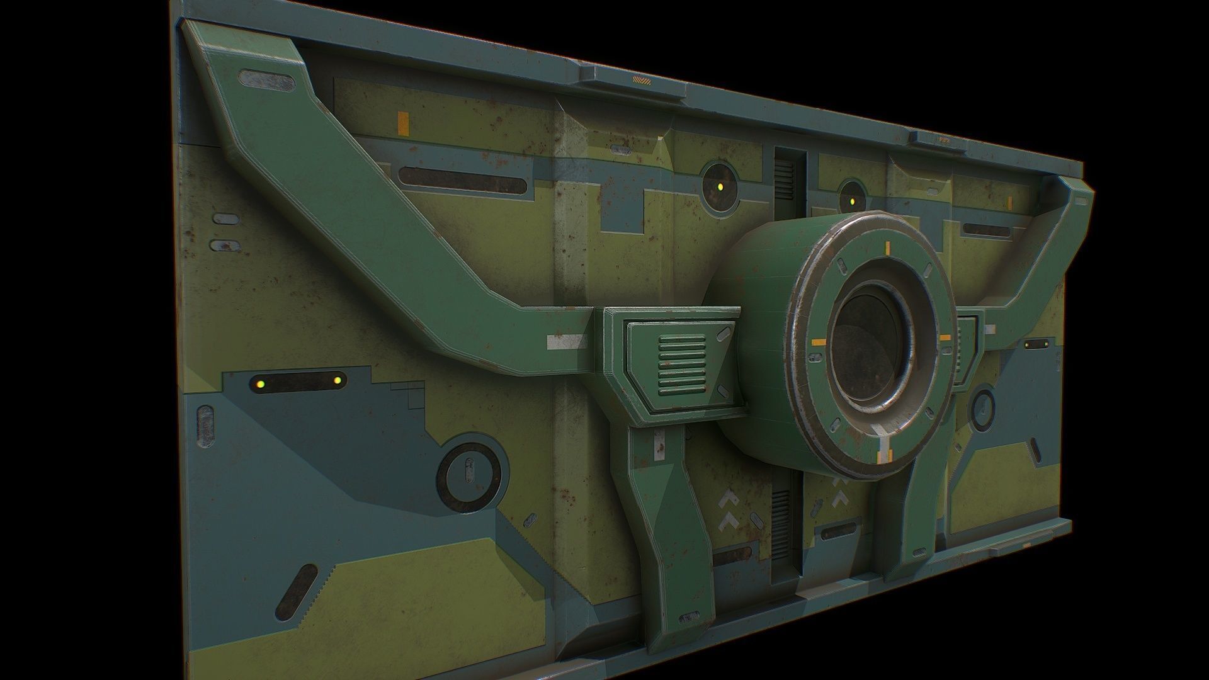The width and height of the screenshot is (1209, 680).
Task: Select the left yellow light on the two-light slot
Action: (x=259, y=383)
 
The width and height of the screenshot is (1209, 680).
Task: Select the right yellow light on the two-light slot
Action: (x=337, y=380)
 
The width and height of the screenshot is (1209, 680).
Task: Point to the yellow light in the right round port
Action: (x=851, y=202)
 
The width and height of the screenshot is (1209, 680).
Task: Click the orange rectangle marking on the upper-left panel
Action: (x=403, y=123)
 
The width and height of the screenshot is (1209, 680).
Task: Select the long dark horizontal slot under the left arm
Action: (x=463, y=181)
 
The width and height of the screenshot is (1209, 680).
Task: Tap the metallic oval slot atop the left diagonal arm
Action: (x=266, y=79)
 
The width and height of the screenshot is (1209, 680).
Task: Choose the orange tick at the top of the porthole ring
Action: (x=887, y=247)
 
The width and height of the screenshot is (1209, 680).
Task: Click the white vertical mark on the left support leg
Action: (x=660, y=443)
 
